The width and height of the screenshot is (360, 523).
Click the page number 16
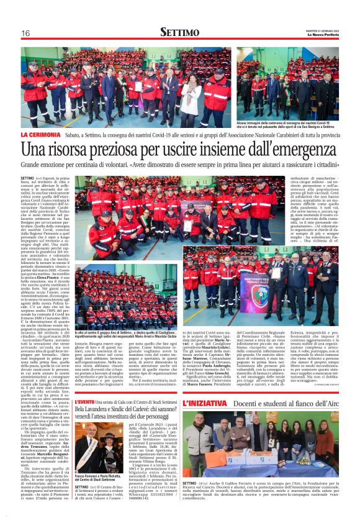click(x=25, y=34)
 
